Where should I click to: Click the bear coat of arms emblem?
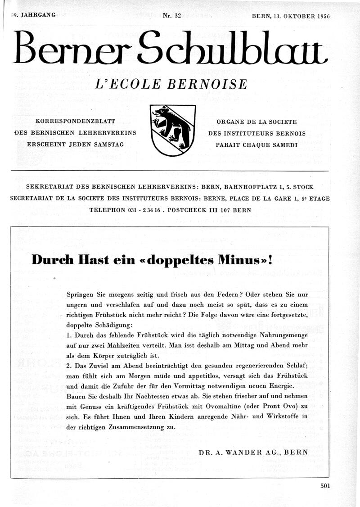(173, 130)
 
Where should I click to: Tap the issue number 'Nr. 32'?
(171, 15)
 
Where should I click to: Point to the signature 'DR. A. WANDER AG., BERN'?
(253, 452)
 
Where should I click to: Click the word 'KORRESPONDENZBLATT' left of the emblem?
(76, 122)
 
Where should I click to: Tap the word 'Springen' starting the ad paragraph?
(81, 294)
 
